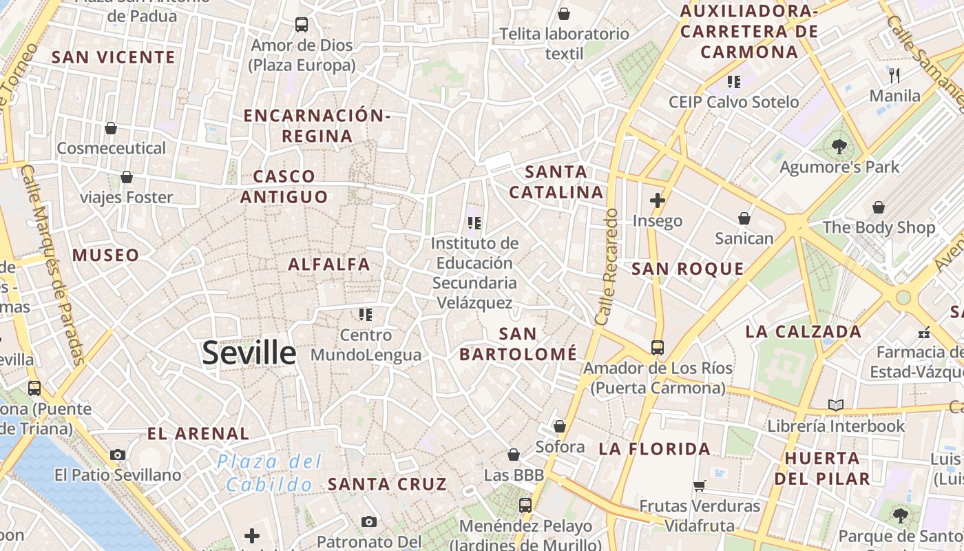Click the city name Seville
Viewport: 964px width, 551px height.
tap(249, 353)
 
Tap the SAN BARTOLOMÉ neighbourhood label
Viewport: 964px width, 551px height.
tap(518, 344)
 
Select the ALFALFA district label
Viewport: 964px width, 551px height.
tap(329, 264)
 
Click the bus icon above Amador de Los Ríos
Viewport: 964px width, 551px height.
tap(658, 348)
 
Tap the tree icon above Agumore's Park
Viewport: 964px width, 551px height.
tap(839, 146)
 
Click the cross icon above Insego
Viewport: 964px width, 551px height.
tap(658, 200)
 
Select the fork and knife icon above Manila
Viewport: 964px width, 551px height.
tap(894, 75)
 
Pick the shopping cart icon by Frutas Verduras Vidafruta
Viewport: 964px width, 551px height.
tap(700, 486)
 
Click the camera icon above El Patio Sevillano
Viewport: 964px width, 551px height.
tap(118, 455)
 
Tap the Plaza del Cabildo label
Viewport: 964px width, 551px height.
tap(269, 473)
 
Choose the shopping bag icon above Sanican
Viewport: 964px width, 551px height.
tap(744, 218)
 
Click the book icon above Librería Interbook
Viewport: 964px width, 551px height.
tap(836, 406)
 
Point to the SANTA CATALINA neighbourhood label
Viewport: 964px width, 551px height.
tap(556, 182)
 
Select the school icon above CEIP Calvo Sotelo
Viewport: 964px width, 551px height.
tap(734, 82)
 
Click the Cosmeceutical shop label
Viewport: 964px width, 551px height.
tap(112, 148)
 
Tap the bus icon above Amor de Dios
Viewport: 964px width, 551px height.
tap(302, 25)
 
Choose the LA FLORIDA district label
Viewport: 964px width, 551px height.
tap(654, 449)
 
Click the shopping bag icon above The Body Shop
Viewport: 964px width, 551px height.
tap(879, 207)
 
